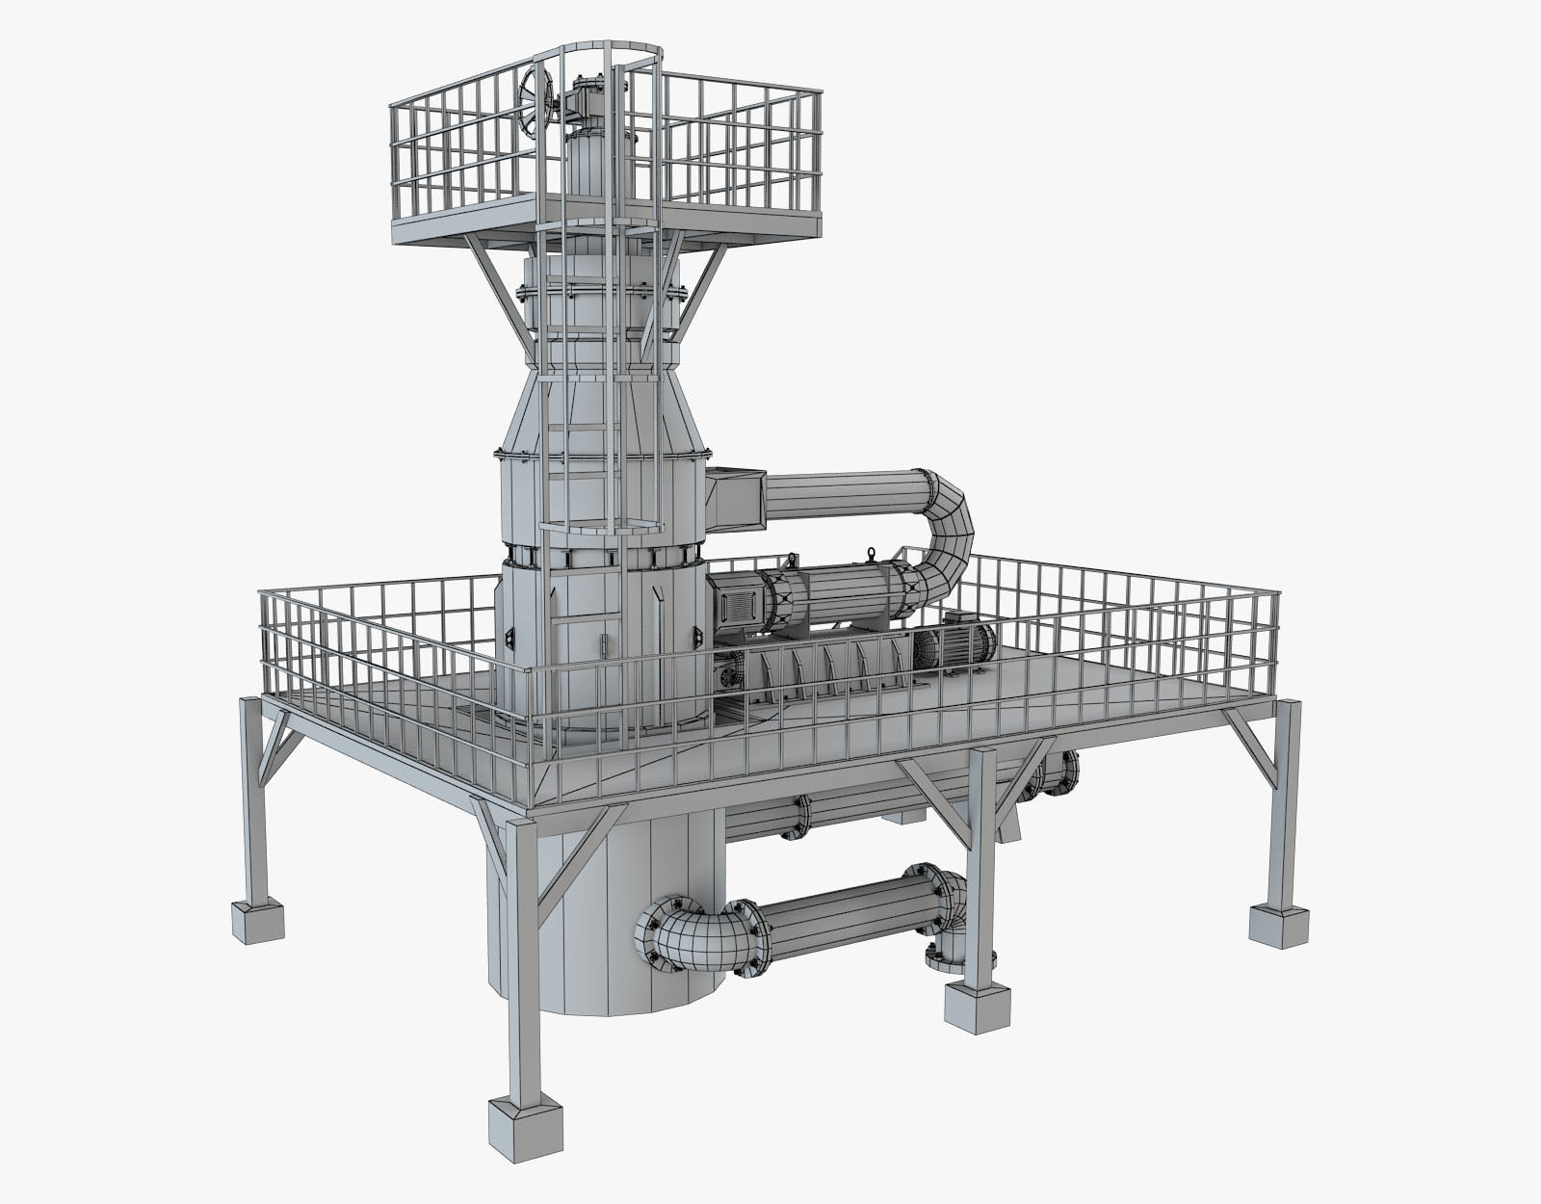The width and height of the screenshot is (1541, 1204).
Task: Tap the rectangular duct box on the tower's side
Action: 736,496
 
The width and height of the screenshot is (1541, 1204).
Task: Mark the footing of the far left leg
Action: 257,920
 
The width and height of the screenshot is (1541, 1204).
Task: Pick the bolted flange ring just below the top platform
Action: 602,289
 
